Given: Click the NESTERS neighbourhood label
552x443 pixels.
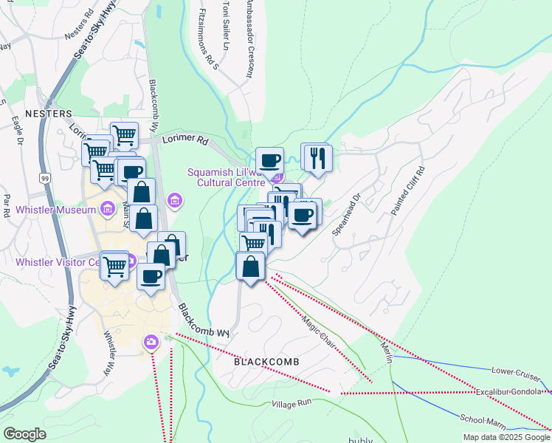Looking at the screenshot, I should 48,114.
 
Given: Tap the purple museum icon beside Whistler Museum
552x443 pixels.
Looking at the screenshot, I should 109,210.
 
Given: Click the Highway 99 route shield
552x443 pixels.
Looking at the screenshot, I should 45,178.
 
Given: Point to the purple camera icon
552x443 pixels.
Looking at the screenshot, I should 151,341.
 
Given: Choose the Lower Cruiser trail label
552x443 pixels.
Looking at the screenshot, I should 517,369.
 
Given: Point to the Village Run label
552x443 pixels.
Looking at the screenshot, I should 293,404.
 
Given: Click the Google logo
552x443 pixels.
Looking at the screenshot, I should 24,433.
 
